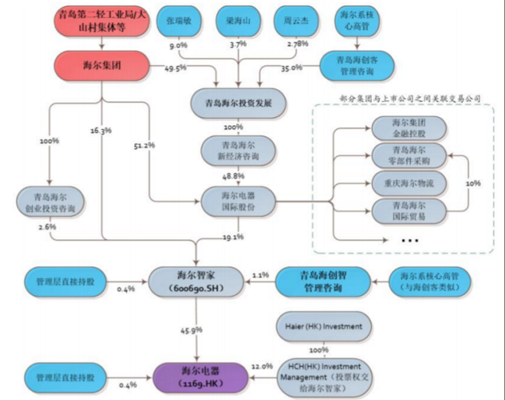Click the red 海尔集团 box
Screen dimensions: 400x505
click(101, 65)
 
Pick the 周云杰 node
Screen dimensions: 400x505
click(296, 21)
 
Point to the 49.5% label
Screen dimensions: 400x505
click(175, 68)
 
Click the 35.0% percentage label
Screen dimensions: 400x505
click(291, 68)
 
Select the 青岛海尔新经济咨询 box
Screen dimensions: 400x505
click(238, 151)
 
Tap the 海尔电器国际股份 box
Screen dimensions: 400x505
click(238, 201)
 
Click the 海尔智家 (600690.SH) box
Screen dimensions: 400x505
click(196, 281)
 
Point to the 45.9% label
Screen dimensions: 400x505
click(191, 330)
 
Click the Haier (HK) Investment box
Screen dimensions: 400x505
click(323, 326)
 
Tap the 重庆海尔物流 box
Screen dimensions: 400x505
click(409, 183)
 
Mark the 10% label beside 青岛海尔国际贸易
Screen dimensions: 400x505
click(473, 184)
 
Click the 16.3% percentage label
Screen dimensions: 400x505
click(101, 131)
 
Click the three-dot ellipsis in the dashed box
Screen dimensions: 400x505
click(410, 240)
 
